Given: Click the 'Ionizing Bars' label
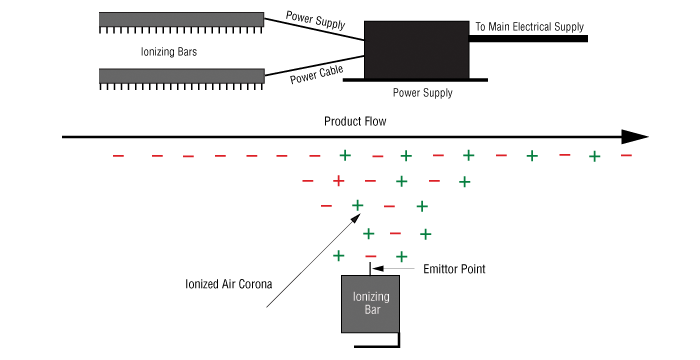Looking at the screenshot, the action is coord(169,52).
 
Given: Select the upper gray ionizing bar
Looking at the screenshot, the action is coord(181,20).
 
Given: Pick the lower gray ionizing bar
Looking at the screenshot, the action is coord(182,76).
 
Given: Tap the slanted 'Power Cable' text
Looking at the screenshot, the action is coord(317,74).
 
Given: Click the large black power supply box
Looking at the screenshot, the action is coord(417,50).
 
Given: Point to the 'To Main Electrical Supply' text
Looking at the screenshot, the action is coord(529,27).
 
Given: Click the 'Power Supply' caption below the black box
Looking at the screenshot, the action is coord(422,93).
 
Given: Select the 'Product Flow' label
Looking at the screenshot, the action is coord(355,121).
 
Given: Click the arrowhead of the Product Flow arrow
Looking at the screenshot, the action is coord(635,137).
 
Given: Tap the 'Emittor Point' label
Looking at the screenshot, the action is coord(454,269).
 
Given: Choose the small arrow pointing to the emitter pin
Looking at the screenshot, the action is coord(393,268).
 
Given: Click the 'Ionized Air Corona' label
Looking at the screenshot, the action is coord(229,284).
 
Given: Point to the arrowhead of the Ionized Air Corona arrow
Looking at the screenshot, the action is coord(355,218).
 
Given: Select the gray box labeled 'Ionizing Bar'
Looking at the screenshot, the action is coord(370,304).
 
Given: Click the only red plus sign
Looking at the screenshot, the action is coord(339,181).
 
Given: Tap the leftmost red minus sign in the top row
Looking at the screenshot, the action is coord(118,156).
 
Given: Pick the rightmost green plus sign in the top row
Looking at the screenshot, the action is coord(594,156).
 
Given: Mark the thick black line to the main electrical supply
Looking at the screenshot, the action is coord(528,39).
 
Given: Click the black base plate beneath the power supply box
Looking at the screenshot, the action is coord(415,80).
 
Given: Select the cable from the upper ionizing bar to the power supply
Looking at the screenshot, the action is coord(314,29).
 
